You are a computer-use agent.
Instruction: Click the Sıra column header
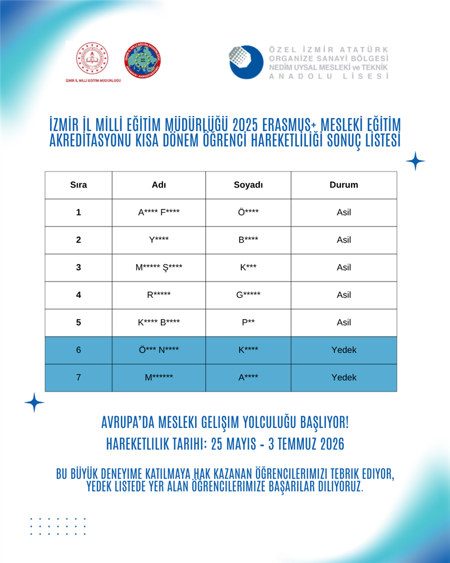pyautogui.click(x=78, y=185)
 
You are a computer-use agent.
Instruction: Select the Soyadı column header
pyautogui.click(x=248, y=185)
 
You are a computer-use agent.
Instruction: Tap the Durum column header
pyautogui.click(x=344, y=185)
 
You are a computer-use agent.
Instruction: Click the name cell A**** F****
pyautogui.click(x=159, y=212)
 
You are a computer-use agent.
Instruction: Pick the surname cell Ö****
pyautogui.click(x=248, y=212)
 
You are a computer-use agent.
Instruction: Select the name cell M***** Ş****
pyautogui.click(x=159, y=267)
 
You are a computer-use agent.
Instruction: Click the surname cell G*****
pyautogui.click(x=248, y=295)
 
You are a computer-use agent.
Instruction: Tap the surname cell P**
pyautogui.click(x=248, y=323)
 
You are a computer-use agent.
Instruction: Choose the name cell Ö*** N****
pyautogui.click(x=159, y=350)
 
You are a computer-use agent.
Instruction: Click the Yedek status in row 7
pyautogui.click(x=344, y=378)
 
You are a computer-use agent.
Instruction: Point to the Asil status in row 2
pyautogui.click(x=344, y=240)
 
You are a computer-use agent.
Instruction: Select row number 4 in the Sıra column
pyautogui.click(x=78, y=295)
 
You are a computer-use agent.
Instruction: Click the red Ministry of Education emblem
pyautogui.click(x=92, y=59)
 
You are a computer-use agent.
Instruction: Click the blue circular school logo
pyautogui.click(x=246, y=62)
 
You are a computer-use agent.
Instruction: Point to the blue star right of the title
pyautogui.click(x=415, y=161)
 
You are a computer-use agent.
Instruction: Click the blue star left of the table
pyautogui.click(x=34, y=402)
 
